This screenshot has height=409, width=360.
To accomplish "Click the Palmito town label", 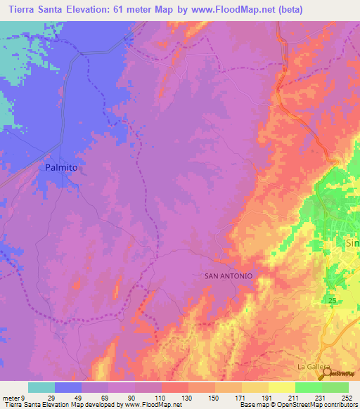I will click(x=60, y=169).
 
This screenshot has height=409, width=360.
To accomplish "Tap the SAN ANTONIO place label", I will click(x=228, y=276).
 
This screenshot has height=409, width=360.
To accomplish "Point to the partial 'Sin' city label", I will click(x=352, y=242).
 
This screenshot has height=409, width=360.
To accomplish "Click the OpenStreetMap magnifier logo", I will click(x=326, y=372).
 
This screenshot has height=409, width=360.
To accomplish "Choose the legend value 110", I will click(x=161, y=397).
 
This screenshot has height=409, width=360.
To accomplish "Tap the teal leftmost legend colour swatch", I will click(x=41, y=387).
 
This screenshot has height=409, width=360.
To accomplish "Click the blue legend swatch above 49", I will click(x=68, y=387).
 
